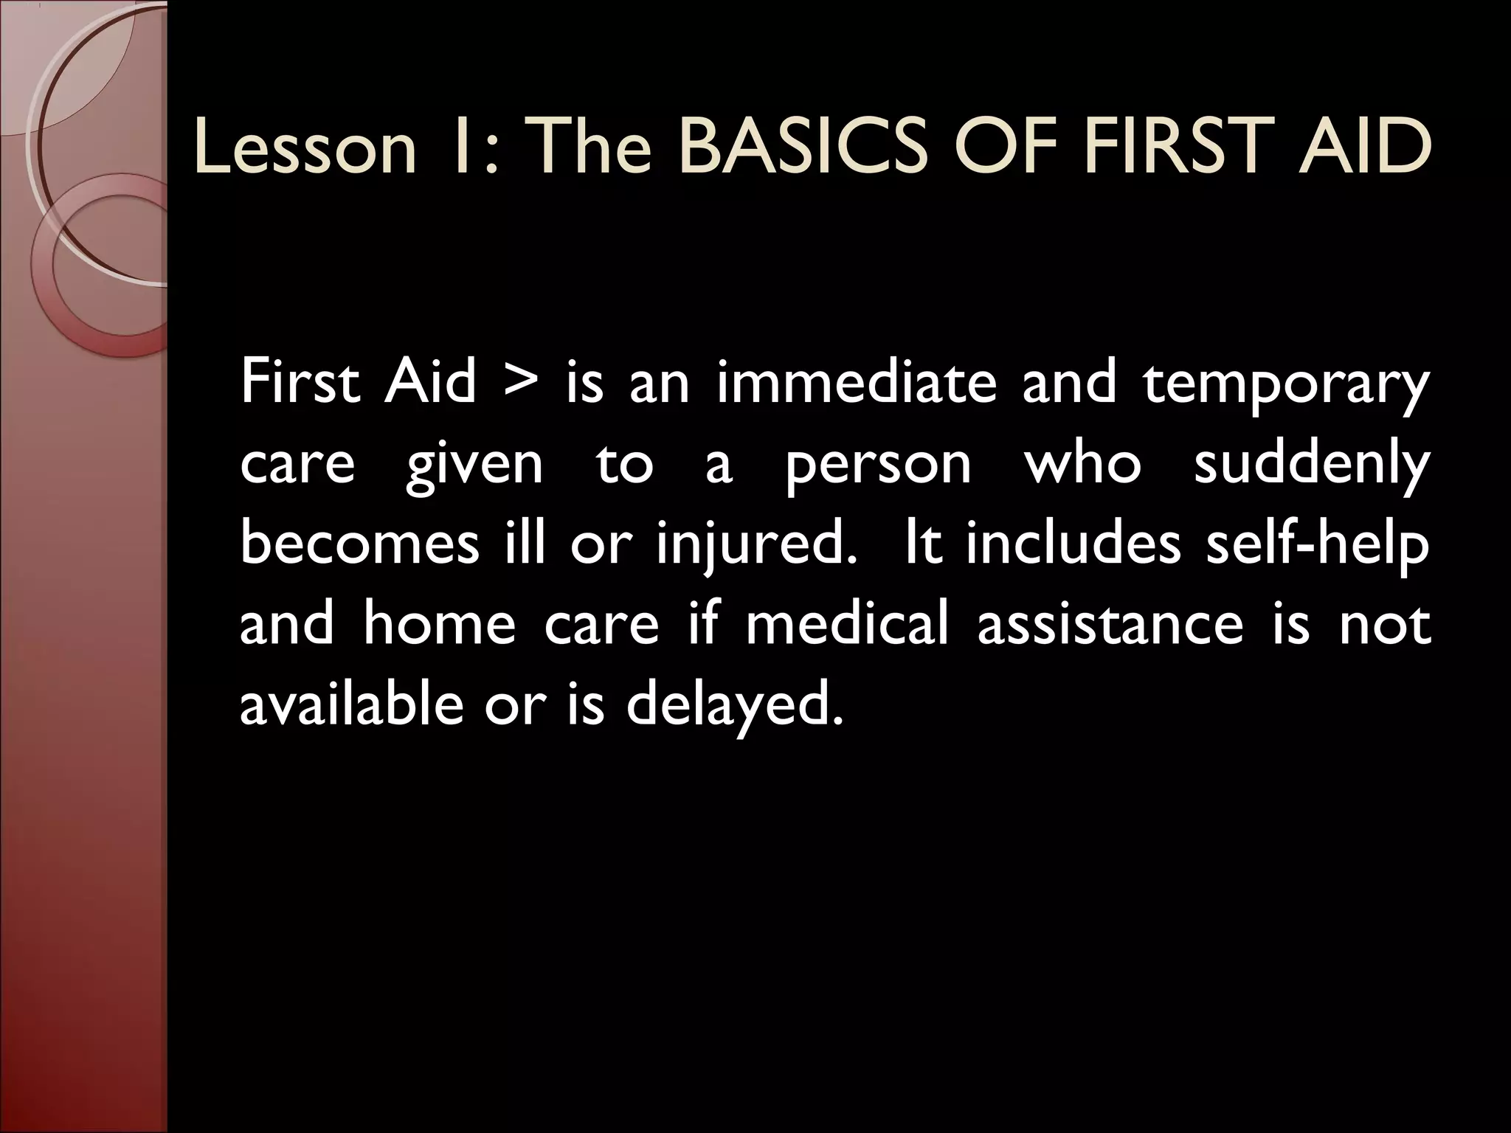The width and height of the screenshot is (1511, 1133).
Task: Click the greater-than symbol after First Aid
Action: coord(521,386)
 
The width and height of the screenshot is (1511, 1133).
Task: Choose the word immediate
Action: coord(857,384)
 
